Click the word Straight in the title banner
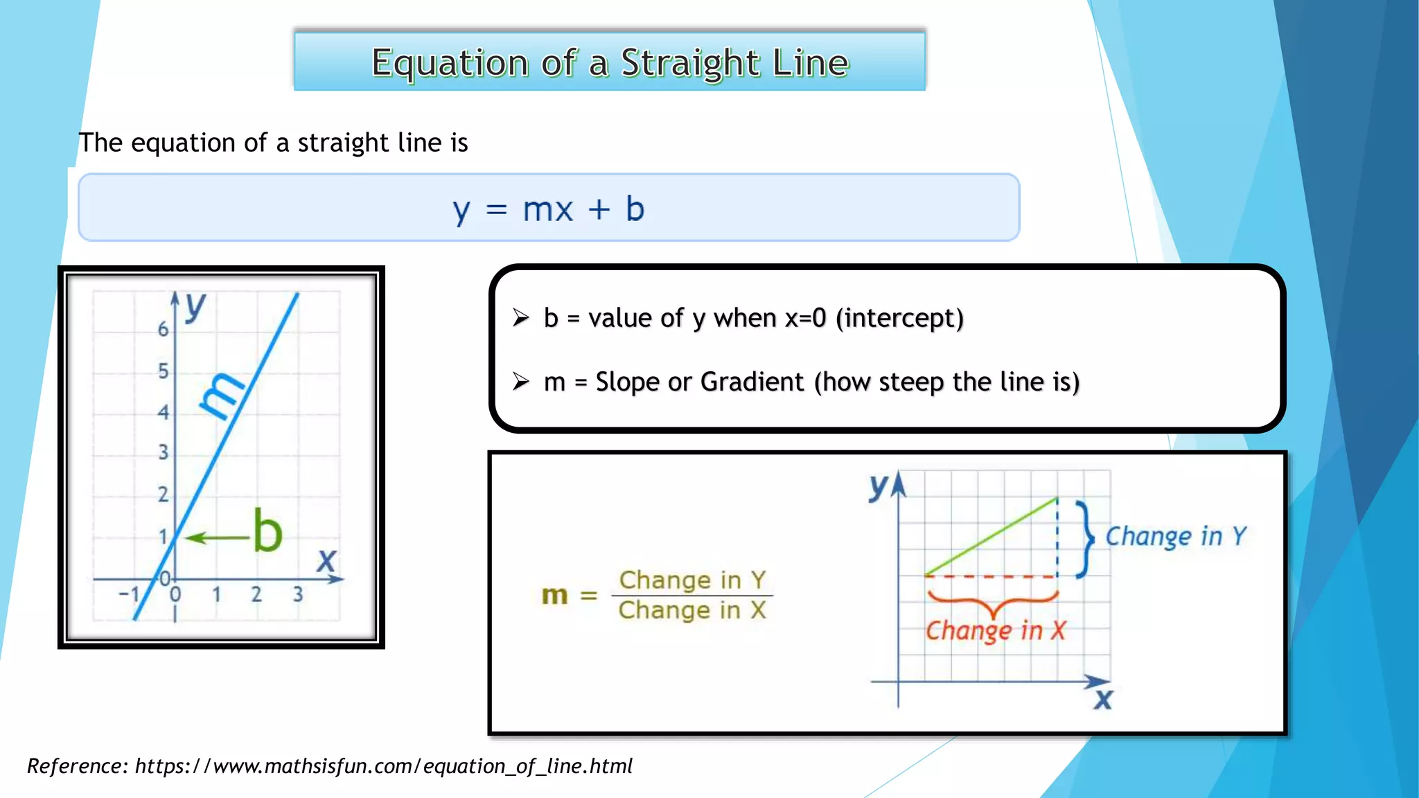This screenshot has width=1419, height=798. click(689, 63)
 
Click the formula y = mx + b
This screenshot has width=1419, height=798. click(548, 209)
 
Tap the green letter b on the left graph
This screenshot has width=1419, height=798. click(267, 531)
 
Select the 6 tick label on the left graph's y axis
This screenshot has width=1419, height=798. click(163, 329)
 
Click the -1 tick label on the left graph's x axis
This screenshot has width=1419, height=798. click(129, 594)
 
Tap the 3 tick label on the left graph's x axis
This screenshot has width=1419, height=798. click(298, 594)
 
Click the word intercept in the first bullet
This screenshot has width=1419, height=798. click(899, 318)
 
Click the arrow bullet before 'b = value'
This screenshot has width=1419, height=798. click(521, 318)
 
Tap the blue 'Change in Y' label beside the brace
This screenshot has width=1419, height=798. click(1175, 536)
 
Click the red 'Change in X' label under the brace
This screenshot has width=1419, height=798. click(995, 630)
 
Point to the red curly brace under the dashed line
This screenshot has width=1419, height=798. click(993, 602)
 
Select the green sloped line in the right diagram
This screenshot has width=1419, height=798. click(991, 536)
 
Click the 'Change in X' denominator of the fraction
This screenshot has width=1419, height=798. click(691, 610)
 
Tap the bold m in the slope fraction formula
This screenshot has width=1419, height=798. click(554, 595)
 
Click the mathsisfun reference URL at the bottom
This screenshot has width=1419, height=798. click(383, 766)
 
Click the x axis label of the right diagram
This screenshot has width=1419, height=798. click(1102, 700)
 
